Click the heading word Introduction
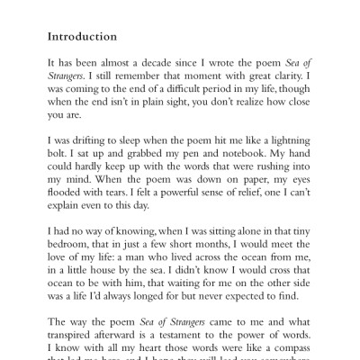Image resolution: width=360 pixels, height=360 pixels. [82, 38]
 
